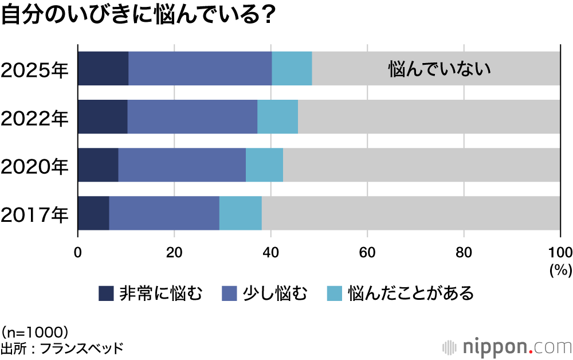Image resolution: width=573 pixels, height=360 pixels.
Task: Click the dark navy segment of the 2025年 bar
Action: coord(103,69)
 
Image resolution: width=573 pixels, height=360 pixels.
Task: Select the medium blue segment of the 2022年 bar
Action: coord(192,117)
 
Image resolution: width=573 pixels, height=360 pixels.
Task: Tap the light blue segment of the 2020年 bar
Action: coord(264,165)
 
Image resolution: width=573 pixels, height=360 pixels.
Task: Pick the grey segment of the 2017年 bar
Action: coord(411,213)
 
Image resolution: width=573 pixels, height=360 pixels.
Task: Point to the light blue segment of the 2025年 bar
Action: coord(292,69)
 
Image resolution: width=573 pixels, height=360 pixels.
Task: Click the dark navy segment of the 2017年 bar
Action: coord(93,213)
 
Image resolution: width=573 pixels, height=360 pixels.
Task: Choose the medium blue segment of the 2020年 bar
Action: coord(182,165)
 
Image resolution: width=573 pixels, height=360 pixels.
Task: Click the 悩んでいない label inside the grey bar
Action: coord(439,69)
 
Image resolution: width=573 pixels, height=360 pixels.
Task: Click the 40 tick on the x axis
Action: coord(271,253)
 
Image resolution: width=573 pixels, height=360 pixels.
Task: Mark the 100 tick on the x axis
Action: coord(560,253)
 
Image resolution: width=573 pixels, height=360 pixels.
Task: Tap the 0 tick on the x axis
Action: coord(78,253)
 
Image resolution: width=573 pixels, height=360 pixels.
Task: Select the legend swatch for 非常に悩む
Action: coord(106,294)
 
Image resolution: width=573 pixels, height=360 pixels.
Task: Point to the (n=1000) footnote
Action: coord(36,331)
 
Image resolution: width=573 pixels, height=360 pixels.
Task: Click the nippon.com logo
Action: coord(507,347)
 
